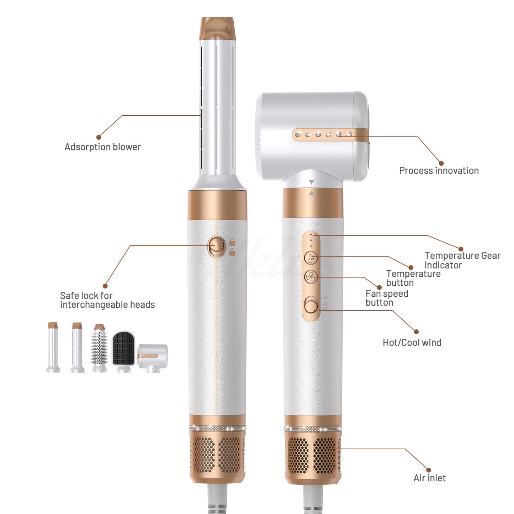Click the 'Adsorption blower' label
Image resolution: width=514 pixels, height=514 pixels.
pos(102,147)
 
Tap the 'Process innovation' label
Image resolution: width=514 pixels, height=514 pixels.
pos(439,171)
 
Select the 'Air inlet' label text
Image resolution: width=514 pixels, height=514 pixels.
pos(429,478)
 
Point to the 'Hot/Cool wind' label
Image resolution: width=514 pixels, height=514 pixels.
pos(412,343)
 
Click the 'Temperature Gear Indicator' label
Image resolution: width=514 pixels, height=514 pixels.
pos(462,260)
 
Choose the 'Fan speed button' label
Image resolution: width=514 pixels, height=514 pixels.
pos(387,298)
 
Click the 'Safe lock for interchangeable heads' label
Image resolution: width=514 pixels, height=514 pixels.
pos(107,300)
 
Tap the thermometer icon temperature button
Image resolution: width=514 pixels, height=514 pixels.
pos(311,258)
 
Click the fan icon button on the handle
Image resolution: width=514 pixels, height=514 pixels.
pos(311,277)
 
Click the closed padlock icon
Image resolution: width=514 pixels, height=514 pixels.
pos(232,242)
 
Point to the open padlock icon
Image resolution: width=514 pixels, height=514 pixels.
pos(232,252)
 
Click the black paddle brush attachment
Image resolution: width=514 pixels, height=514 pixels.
pos(123,349)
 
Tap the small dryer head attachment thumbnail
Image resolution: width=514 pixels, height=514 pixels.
pos(153,356)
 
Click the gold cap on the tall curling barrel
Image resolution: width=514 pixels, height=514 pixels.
pos(217,28)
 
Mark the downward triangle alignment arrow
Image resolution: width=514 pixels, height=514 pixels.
pos(312,182)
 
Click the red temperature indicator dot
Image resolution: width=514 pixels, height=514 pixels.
pos(311,246)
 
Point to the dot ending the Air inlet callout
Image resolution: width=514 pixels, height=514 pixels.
pos(429,470)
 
